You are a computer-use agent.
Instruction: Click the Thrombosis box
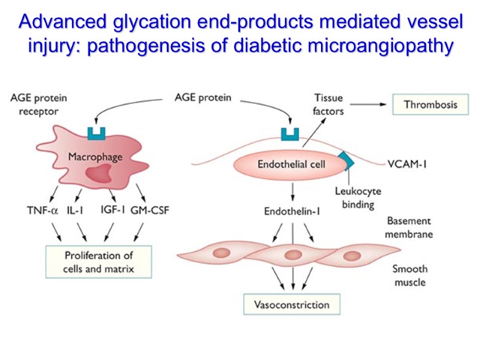point(430,104)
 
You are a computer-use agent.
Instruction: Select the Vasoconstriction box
point(292,304)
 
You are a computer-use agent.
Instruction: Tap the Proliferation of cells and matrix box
point(98,262)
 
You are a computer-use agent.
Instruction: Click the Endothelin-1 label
point(292,211)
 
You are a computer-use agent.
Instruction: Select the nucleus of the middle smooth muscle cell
point(292,253)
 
